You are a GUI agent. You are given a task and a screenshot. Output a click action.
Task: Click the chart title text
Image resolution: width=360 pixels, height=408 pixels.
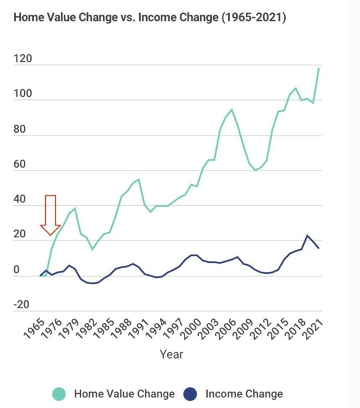(x=149, y=18)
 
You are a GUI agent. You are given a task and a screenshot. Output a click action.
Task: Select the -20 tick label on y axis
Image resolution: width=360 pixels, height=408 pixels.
(x=21, y=305)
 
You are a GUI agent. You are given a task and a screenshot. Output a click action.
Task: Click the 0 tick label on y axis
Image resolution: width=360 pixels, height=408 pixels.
(x=17, y=270)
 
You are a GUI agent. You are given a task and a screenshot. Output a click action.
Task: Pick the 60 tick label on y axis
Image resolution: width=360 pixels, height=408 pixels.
(x=20, y=165)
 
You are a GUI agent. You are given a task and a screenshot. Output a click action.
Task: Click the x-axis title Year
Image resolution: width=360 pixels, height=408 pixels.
(x=171, y=354)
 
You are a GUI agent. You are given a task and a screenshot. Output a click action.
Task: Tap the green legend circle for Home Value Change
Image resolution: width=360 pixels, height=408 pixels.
(x=59, y=394)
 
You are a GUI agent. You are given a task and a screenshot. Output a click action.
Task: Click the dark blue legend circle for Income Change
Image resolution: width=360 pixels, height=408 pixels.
(x=190, y=394)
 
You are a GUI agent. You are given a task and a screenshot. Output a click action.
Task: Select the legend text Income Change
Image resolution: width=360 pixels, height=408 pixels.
(x=244, y=394)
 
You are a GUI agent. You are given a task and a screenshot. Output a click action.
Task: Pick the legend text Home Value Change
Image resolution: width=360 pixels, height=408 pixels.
(x=124, y=394)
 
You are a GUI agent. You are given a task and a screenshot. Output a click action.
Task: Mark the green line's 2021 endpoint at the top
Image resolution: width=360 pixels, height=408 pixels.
(x=319, y=68)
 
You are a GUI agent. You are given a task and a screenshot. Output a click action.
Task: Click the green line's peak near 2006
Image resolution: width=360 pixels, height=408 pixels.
(x=231, y=109)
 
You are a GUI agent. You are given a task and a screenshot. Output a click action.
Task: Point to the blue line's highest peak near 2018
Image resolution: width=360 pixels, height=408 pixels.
(x=307, y=236)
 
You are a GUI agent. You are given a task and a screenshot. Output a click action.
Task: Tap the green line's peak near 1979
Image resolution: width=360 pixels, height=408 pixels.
(x=75, y=209)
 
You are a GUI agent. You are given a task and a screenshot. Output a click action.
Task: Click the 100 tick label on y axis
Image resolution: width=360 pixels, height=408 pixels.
(x=23, y=95)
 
